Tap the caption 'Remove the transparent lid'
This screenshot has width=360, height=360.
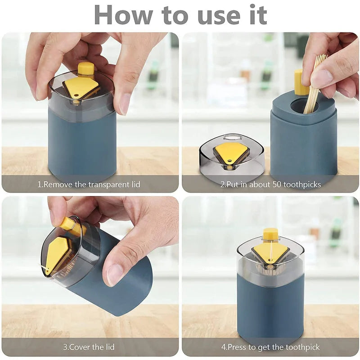point(91,184)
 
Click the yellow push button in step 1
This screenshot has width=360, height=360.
point(85,69)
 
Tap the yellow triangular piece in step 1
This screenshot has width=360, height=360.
point(81,86)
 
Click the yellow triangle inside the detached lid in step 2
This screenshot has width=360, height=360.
point(231,152)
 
